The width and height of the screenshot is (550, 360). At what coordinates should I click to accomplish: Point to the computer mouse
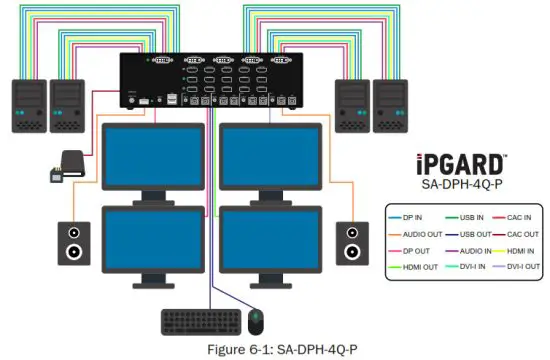click(256, 322)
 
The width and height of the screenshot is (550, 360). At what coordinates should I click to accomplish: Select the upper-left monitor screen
click(156, 158)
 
